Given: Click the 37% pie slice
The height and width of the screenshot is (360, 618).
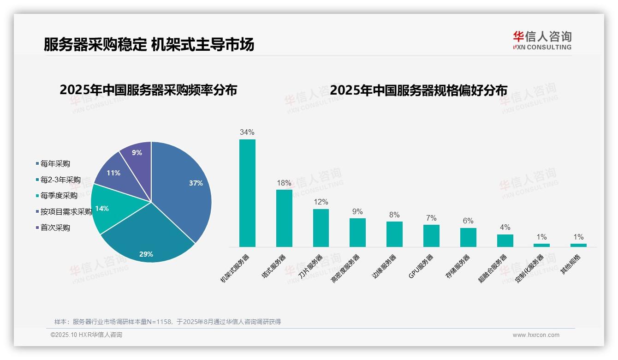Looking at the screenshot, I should point(184,189).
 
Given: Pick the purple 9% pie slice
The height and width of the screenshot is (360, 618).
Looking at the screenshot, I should point(137,155).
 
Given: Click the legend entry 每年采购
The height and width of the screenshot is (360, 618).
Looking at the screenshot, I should point(55,164).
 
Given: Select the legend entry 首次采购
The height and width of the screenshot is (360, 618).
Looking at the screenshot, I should point(55,228).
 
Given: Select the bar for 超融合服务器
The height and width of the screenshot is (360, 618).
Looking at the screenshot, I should point(505,240).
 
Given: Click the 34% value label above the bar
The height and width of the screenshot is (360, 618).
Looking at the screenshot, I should point(247,132).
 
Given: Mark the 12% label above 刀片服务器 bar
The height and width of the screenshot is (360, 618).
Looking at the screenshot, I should point(321,202).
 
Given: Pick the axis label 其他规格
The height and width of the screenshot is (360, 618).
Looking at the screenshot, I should point(571,265).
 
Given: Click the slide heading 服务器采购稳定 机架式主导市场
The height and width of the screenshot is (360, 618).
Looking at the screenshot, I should point(149,45).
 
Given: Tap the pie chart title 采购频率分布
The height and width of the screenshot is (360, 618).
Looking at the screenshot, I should point(148,90).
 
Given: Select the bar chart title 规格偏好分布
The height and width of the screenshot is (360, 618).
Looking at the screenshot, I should point(418,90).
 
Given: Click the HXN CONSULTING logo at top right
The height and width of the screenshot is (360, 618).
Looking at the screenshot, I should point(542,40).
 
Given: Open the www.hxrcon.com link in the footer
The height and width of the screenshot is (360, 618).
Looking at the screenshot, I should point(536,335).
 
